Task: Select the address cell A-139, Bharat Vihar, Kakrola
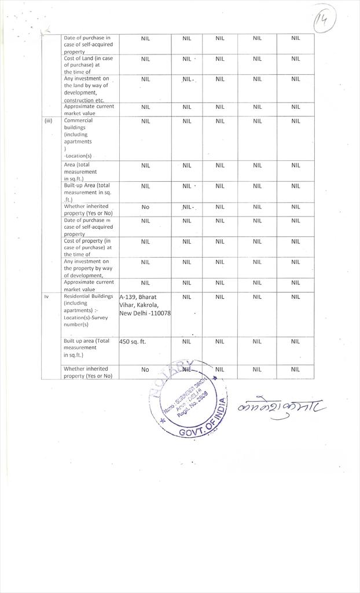click(145, 305)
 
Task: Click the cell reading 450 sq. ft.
click(133, 342)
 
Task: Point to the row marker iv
click(47, 296)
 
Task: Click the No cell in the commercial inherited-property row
click(145, 207)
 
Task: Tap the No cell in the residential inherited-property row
click(145, 369)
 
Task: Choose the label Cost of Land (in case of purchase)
click(88, 65)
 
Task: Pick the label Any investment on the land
click(86, 89)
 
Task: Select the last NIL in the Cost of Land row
click(295, 58)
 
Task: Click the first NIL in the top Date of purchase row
click(145, 38)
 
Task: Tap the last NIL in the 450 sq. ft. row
click(295, 342)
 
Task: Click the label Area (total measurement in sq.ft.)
click(80, 171)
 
